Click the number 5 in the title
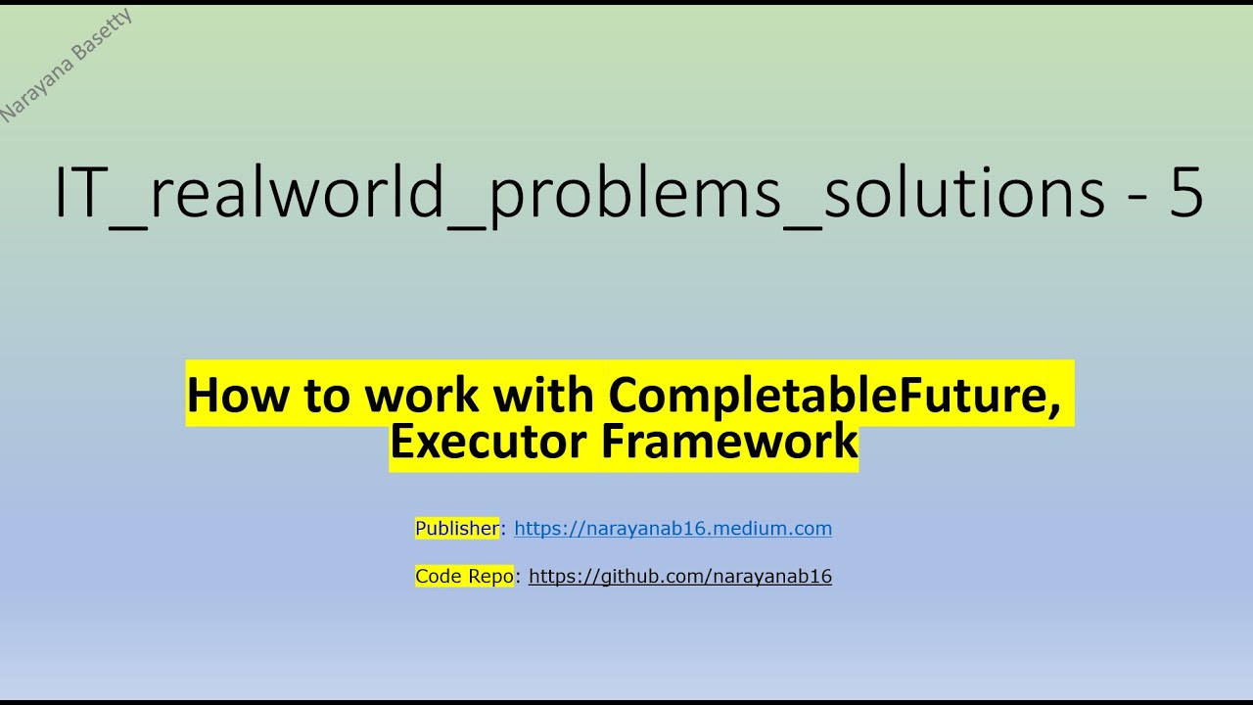pyautogui.click(x=1185, y=193)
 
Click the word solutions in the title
pyautogui.click(x=965, y=193)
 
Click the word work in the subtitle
pyautogui.click(x=423, y=395)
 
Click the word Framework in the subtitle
pyautogui.click(x=729, y=441)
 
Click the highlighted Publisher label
pyautogui.click(x=457, y=529)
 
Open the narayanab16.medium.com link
pyautogui.click(x=673, y=529)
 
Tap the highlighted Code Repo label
pyautogui.click(x=464, y=577)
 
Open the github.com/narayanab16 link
pyautogui.click(x=679, y=577)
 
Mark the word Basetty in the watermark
pyautogui.click(x=102, y=40)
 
